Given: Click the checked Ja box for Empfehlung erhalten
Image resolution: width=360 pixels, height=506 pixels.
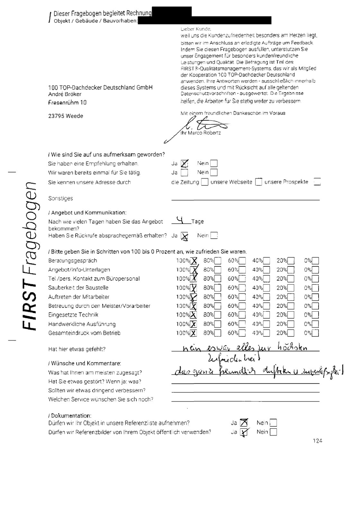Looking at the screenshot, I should [184, 164].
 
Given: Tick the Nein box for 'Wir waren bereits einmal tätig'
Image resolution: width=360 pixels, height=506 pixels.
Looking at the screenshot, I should [214, 173].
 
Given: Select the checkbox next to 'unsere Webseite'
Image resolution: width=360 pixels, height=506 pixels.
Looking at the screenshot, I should [258, 182].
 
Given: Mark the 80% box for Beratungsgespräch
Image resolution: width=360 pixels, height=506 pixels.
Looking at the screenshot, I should [218, 261].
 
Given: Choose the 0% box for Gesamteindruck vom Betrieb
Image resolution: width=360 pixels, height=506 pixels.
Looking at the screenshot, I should [315, 333].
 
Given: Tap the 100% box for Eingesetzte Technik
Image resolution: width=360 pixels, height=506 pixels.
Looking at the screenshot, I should [194, 315].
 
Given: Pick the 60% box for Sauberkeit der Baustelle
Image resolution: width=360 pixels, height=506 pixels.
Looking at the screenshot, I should [242, 288].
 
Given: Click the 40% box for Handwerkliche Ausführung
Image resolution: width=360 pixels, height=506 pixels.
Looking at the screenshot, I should [266, 324].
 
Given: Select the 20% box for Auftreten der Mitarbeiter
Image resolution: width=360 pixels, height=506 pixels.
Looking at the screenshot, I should [291, 297].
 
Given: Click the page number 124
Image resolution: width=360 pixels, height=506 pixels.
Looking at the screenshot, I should [317, 441].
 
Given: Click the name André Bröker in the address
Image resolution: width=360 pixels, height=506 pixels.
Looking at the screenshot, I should [65, 94].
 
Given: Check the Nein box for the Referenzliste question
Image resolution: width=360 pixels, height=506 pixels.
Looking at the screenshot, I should [273, 423].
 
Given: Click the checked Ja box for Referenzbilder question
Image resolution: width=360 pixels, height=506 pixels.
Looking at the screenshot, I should [244, 432].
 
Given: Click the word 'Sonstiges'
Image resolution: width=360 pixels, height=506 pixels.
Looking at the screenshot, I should [60, 199].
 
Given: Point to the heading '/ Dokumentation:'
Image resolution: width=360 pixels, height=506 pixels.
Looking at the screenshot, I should [69, 416].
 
